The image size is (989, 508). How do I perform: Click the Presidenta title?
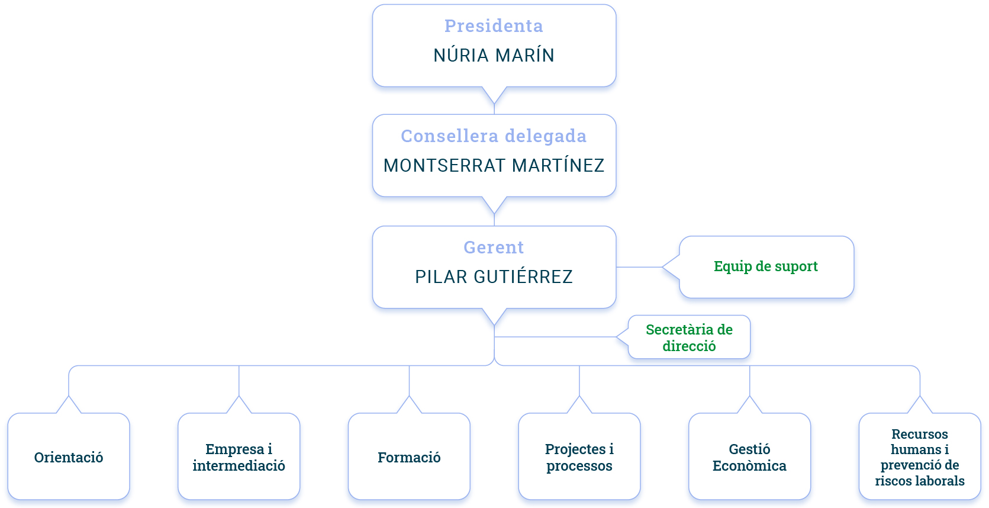point(494,25)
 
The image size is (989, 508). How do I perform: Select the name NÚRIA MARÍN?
point(494,55)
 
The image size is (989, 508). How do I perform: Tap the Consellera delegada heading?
point(494,136)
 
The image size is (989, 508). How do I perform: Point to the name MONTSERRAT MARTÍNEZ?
point(494,166)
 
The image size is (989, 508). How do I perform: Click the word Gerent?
point(494,247)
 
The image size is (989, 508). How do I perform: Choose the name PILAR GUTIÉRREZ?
point(494,276)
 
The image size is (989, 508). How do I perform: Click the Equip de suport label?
point(766,266)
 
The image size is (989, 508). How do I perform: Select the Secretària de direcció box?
point(689,337)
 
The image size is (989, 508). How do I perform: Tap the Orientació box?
point(69,456)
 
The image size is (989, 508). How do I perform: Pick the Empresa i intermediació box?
point(239,456)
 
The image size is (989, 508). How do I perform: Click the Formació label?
point(409,457)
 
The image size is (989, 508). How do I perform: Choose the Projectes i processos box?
point(579,456)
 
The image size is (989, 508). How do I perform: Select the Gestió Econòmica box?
point(749,456)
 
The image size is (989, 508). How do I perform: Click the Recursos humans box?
point(920,456)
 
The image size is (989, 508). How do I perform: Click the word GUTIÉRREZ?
point(523,276)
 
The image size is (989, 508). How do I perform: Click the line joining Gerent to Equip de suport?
point(639,267)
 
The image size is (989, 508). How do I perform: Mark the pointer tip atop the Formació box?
point(410,396)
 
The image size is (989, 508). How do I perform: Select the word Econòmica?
point(749,465)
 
